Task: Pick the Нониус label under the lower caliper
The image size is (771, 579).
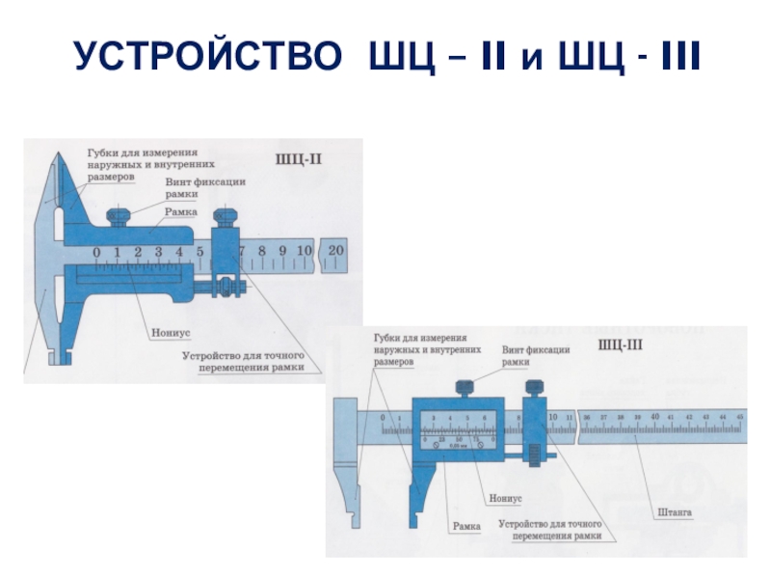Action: click(505, 498)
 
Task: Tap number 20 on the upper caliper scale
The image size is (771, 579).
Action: click(335, 251)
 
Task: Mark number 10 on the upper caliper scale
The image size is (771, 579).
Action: click(304, 251)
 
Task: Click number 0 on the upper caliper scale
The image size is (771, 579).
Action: click(96, 253)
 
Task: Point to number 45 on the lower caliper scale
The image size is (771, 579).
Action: click(739, 416)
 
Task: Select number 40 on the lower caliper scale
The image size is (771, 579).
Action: click(655, 416)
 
